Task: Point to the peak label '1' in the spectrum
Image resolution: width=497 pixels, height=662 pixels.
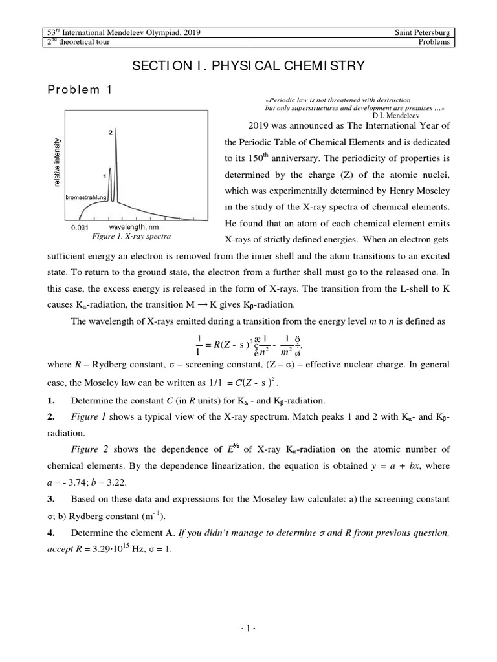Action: [x=105, y=175]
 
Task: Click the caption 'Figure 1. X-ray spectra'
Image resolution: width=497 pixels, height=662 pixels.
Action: [x=135, y=237]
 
